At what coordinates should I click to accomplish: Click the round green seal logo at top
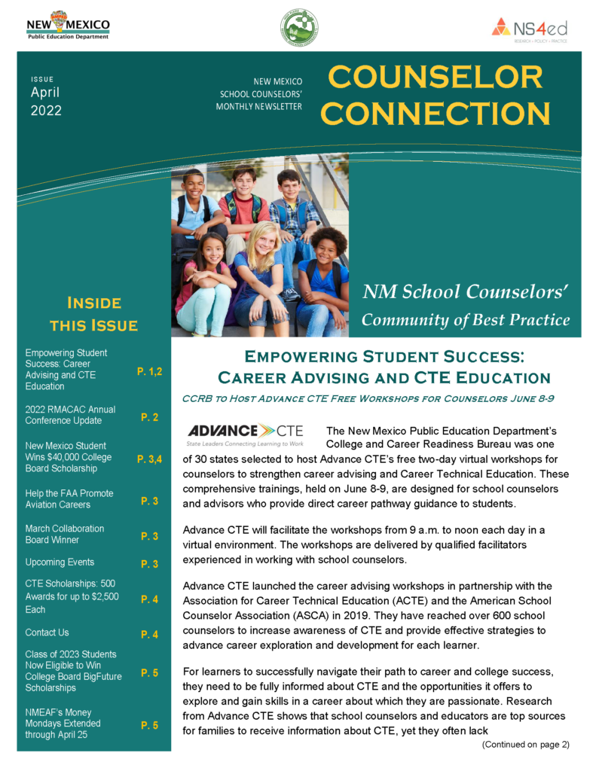tap(299, 28)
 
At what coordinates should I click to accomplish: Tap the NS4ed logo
tap(529, 29)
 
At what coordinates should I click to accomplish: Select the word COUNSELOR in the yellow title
tap(435, 78)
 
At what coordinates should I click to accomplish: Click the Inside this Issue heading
tap(93, 314)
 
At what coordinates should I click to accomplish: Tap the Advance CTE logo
tap(245, 434)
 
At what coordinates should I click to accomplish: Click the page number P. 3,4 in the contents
tap(149, 459)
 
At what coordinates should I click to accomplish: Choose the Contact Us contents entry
tap(47, 632)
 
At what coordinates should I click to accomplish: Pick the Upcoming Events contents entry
tap(60, 562)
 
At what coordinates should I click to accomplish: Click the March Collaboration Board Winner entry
tap(65, 534)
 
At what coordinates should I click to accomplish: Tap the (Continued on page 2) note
tap(525, 744)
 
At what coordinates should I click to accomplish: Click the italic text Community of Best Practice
tap(465, 319)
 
